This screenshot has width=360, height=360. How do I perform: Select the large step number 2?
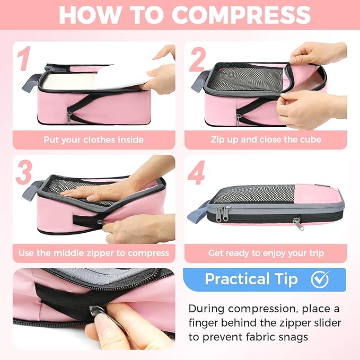tap(197, 59)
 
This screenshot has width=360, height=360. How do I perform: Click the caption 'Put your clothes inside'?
tap(94, 141)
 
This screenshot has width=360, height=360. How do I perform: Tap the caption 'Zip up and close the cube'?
tap(266, 141)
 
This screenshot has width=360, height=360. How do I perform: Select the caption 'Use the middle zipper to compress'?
tap(94, 253)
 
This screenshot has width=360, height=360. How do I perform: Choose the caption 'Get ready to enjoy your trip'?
tap(266, 253)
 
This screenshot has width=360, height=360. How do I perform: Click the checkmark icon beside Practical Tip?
tap(320, 279)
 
